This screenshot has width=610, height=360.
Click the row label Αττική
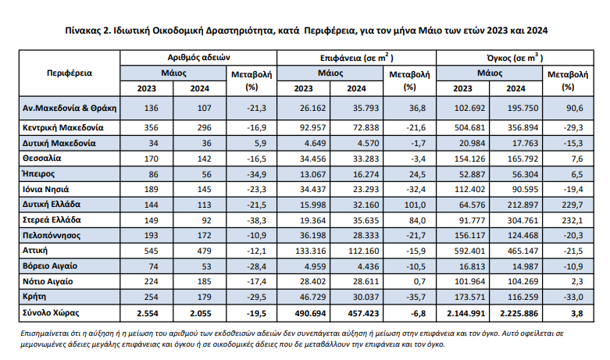tap(35, 251)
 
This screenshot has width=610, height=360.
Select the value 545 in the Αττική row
tap(151, 251)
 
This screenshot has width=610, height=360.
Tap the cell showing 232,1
tap(573, 220)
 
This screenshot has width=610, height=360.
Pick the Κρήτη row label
tap(34, 297)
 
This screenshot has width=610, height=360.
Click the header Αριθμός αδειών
tap(199, 58)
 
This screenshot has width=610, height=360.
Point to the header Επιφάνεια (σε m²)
tap(357, 58)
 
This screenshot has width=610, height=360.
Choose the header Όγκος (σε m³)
tap(515, 58)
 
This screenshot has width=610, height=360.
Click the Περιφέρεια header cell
tap(70, 73)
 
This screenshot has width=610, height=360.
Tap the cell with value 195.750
tap(523, 108)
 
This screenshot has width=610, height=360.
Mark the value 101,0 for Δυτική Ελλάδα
tap(415, 205)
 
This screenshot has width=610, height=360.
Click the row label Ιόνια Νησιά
tap(46, 189)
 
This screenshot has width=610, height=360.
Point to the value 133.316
tap(310, 251)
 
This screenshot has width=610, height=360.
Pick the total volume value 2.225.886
tap(519, 313)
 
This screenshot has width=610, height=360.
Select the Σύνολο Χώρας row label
tap(51, 312)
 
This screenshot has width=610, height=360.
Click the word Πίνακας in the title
tap(82, 30)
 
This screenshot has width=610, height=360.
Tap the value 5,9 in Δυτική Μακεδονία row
tap(261, 144)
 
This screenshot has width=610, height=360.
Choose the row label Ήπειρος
tap(38, 174)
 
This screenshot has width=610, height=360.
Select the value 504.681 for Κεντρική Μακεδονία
tap(469, 127)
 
